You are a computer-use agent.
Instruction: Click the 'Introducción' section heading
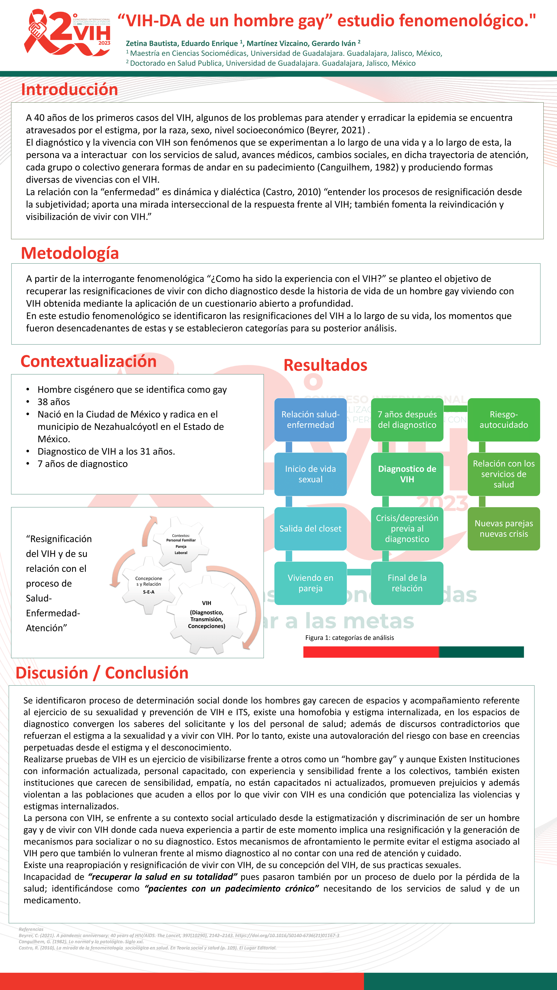pyautogui.click(x=70, y=89)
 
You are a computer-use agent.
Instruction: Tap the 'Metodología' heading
pyautogui.click(x=70, y=253)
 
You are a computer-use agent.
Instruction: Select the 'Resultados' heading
pyautogui.click(x=325, y=365)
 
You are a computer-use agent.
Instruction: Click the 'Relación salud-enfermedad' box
pyautogui.click(x=310, y=420)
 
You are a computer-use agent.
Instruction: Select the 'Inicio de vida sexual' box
pyautogui.click(x=310, y=474)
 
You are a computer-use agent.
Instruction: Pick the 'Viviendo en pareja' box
pyautogui.click(x=310, y=583)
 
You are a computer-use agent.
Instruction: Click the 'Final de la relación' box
pyautogui.click(x=407, y=583)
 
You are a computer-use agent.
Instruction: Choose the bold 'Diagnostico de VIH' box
pyautogui.click(x=407, y=474)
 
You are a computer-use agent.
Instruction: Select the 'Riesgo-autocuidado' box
pyautogui.click(x=504, y=420)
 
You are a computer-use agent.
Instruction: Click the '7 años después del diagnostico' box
pyautogui.click(x=407, y=420)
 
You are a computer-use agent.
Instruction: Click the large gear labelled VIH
pyautogui.click(x=206, y=615)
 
